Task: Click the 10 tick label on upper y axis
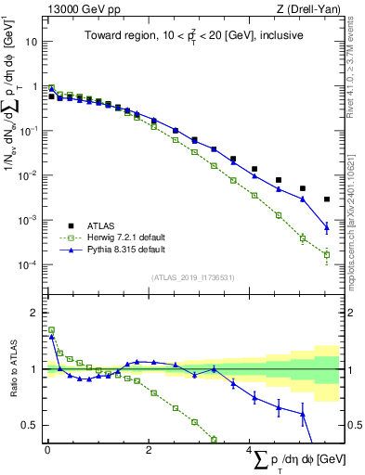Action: (x=31, y=42)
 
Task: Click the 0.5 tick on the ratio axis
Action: (x=28, y=425)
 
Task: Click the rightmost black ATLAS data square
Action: (x=326, y=199)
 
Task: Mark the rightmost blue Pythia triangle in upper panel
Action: (x=326, y=226)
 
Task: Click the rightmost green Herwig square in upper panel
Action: (x=326, y=254)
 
